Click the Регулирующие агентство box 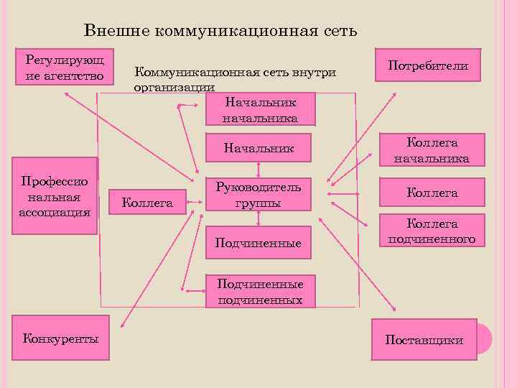[65, 67]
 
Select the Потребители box [428, 65]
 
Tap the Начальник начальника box [260, 109]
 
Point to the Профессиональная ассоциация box [57, 196]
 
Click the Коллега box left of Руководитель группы [148, 203]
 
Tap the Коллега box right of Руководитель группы [432, 193]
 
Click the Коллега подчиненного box [432, 231]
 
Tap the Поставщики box [424, 339]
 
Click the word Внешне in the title [116, 31]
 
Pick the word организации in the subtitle [174, 87]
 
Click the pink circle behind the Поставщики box [484, 338]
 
